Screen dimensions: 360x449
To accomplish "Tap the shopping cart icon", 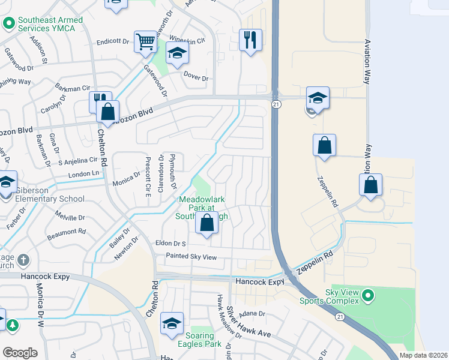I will (x=145, y=42).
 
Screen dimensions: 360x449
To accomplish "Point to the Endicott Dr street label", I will (x=113, y=43).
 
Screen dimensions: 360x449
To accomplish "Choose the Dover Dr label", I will (x=196, y=78).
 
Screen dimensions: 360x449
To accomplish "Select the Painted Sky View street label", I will (x=189, y=257).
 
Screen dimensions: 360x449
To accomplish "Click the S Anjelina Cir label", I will (x=77, y=161).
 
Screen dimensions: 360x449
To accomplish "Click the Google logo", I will (x=20, y=353).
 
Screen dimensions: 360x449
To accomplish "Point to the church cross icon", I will (x=23, y=260).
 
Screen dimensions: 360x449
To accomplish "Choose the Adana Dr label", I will (x=252, y=314).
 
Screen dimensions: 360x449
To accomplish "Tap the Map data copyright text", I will (x=423, y=355).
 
